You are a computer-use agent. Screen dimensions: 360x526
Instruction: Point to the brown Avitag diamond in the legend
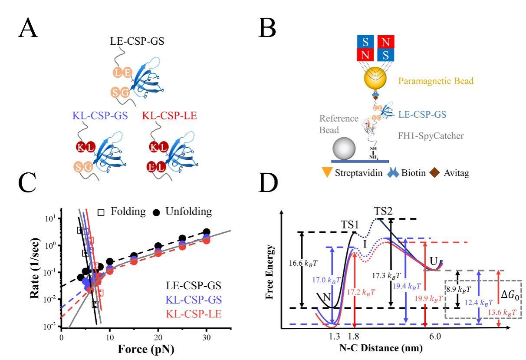click(x=434, y=172)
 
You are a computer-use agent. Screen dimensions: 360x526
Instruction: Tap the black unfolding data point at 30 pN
click(x=207, y=232)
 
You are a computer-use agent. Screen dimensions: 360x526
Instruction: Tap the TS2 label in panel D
click(x=384, y=211)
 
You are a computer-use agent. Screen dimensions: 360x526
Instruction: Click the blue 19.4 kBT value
click(x=416, y=286)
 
